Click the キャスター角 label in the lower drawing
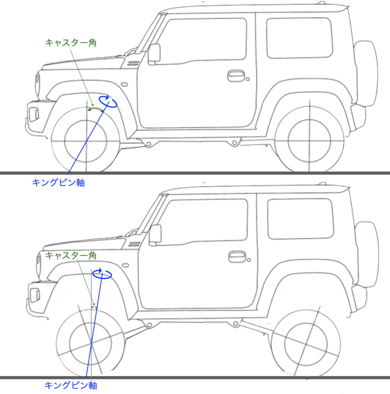(x=71, y=255)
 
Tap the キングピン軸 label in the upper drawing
(x=58, y=182)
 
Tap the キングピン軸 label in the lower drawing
(x=71, y=385)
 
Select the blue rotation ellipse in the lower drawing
(x=103, y=274)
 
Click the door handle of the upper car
(x=236, y=76)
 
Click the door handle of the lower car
(x=237, y=256)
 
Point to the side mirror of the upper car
(x=154, y=53)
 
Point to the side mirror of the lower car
(x=155, y=233)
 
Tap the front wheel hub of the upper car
(x=86, y=140)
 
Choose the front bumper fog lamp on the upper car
(x=34, y=114)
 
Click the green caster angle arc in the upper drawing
(x=96, y=109)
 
